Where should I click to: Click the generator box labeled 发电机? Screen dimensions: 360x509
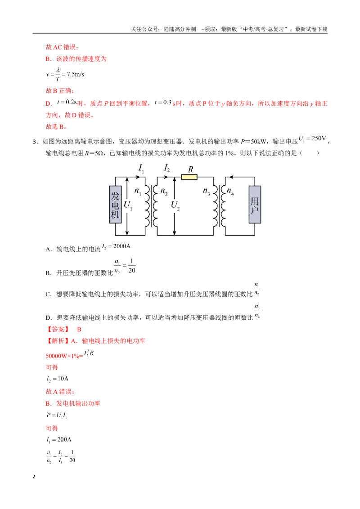(x=115, y=205)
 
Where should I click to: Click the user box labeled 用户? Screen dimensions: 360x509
(x=255, y=205)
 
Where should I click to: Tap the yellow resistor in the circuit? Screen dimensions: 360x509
(x=189, y=177)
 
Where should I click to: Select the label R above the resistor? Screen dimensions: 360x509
(x=191, y=169)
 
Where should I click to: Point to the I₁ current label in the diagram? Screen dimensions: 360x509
(x=141, y=168)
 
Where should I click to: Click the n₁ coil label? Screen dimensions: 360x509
(x=138, y=191)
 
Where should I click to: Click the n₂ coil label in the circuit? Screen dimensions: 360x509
(x=164, y=191)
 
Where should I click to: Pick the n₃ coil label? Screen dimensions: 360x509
(x=206, y=191)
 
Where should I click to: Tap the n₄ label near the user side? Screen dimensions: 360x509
(x=230, y=191)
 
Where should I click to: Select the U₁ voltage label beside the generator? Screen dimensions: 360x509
(x=128, y=205)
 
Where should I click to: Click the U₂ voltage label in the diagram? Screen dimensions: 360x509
(x=175, y=205)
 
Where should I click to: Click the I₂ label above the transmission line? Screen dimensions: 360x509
(x=166, y=168)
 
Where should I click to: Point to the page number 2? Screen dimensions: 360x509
(x=34, y=477)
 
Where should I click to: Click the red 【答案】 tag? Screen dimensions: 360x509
(x=58, y=329)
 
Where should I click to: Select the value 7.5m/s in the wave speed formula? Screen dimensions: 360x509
(x=76, y=74)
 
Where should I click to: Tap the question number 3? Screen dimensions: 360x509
(x=36, y=142)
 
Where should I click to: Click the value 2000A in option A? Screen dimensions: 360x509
(x=122, y=246)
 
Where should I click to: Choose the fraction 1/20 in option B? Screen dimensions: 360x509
(x=131, y=266)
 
